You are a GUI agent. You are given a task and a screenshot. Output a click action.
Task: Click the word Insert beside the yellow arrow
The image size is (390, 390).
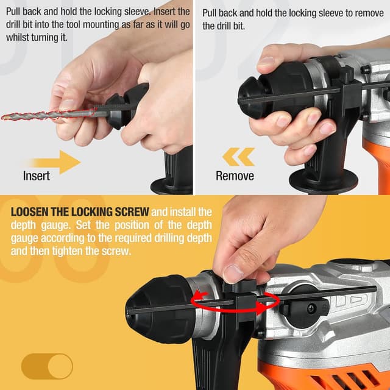tap(37, 176)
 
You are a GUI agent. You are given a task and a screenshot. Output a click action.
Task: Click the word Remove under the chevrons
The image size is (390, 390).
tap(235, 176)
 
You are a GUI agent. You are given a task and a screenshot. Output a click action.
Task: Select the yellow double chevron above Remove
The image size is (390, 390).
tap(238, 157)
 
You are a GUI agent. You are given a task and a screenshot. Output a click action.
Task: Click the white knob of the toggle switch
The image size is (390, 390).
tap(60, 366)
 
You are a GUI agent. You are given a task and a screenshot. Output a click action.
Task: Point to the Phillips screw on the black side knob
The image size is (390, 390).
tap(312, 309)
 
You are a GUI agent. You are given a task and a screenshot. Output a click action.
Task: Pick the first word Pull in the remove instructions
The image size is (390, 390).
tap(210, 13)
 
